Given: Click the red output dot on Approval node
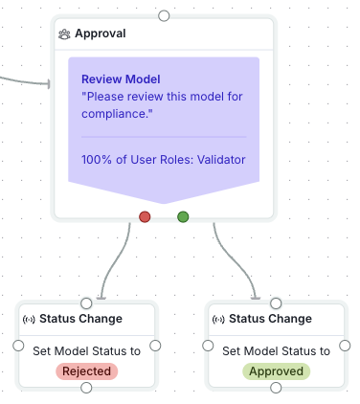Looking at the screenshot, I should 145,216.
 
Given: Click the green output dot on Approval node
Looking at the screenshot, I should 183,216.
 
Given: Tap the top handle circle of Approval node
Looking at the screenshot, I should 164,15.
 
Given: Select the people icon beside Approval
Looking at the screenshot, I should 64,34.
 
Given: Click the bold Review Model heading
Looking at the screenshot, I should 121,79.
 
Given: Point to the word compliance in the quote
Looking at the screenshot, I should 118,114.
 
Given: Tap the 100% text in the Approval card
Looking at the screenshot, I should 97,159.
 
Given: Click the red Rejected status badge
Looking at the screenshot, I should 86,370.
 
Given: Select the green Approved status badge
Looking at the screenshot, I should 276,370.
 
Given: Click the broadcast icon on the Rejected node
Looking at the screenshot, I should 28,319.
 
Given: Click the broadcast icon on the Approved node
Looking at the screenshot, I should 218,319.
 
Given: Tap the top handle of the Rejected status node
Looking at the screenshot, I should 86,303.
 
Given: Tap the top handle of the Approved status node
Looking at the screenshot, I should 276,303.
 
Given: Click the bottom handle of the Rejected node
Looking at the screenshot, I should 86,387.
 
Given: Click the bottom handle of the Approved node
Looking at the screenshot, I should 276,387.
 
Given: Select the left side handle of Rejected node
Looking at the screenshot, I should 17,345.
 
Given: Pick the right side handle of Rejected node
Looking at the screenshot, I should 155,345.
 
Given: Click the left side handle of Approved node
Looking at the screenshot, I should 207,345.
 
